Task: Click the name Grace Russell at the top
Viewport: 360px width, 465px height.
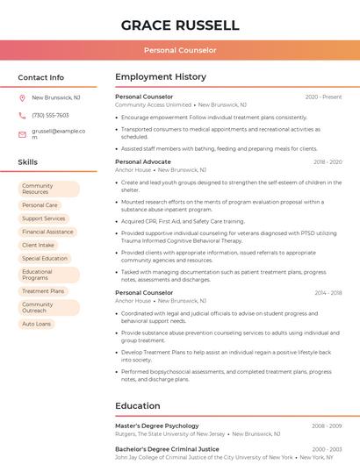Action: pos(180,25)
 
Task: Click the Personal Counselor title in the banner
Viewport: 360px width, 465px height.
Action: pos(180,50)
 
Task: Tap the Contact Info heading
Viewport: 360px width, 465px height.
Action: pos(41,77)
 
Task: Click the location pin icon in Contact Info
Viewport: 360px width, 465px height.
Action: pos(22,98)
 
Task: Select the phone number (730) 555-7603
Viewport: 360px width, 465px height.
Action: pos(50,115)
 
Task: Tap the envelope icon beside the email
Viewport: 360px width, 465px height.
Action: pos(22,134)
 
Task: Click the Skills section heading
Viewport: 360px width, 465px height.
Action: pos(28,162)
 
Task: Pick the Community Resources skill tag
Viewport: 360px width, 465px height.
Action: pos(48,189)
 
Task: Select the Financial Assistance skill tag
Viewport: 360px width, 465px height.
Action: pos(47,232)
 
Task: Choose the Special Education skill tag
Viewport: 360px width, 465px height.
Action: pos(45,259)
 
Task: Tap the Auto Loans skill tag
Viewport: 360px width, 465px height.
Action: pos(37,324)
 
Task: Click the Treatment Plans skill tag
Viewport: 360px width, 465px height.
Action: pos(43,291)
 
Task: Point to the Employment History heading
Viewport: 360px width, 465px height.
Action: pos(161,77)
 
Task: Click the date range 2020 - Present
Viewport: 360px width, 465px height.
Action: pos(323,97)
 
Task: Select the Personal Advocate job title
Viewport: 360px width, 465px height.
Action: pos(143,162)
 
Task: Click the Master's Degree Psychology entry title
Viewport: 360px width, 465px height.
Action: pos(157,426)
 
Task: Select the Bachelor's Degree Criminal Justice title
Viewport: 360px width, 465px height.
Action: pos(166,448)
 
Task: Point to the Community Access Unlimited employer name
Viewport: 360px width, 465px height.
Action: pos(153,104)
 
